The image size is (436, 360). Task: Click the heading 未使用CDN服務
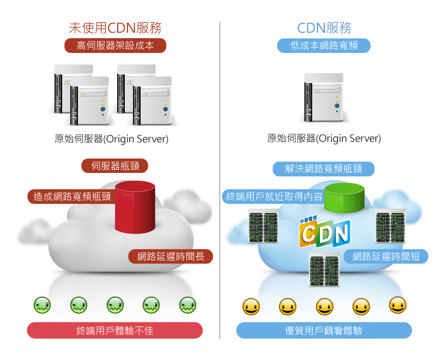(115, 28)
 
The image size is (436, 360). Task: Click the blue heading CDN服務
(324, 28)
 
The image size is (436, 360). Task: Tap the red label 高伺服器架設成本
(115, 46)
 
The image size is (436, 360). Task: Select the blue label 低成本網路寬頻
(324, 46)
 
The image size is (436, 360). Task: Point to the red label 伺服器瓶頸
(114, 166)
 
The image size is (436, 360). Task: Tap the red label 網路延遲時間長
(171, 256)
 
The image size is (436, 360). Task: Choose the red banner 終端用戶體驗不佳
(115, 331)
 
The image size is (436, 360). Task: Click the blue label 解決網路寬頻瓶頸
(323, 169)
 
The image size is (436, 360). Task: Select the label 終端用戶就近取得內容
(274, 196)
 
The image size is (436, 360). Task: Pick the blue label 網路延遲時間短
(386, 256)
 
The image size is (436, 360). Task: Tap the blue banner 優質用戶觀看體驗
(324, 331)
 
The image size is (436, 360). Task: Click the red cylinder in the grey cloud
(135, 207)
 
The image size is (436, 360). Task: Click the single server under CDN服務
(324, 97)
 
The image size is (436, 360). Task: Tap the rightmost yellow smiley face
(398, 305)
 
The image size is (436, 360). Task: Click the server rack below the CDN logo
(325, 270)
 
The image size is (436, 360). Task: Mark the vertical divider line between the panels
(220, 180)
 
